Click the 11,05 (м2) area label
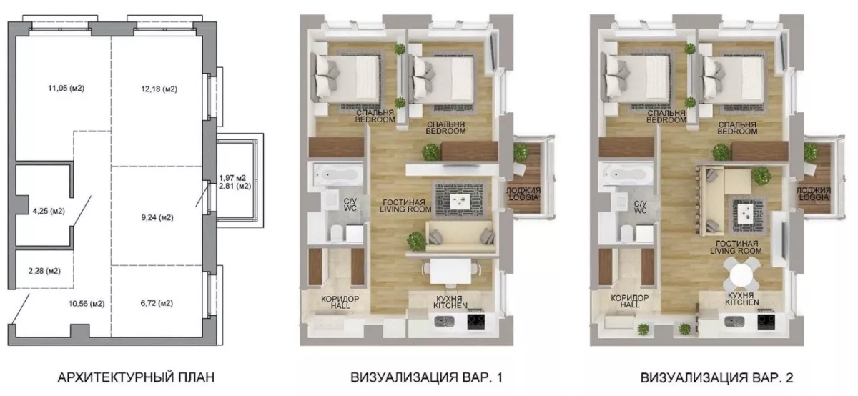click(x=66, y=89)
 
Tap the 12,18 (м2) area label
click(x=159, y=89)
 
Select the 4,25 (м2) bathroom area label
click(x=49, y=211)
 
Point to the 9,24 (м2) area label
click(x=157, y=217)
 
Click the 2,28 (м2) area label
click(x=44, y=271)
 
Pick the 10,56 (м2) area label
click(x=87, y=304)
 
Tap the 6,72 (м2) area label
click(x=157, y=303)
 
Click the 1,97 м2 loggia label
click(x=232, y=178)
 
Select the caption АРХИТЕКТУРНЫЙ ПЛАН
click(x=136, y=377)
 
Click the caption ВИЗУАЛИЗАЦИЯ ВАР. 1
click(x=426, y=377)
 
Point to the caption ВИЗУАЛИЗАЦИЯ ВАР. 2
click(x=716, y=377)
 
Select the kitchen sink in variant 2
click(x=735, y=322)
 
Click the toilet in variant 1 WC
click(x=337, y=233)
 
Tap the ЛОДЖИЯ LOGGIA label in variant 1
click(x=523, y=194)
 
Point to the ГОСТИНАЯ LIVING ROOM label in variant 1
click(x=405, y=206)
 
